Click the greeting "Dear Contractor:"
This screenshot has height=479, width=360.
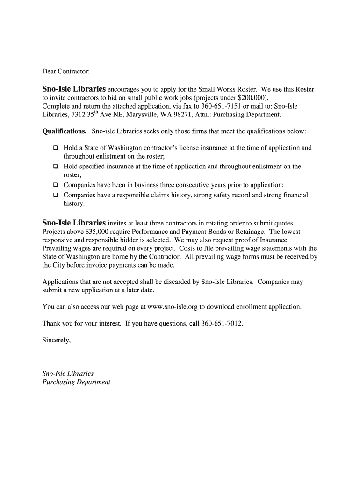click(66, 72)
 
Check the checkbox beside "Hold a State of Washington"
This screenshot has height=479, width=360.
click(55, 148)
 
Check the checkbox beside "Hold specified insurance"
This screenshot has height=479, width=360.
click(55, 167)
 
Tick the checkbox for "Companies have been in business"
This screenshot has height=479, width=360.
click(55, 185)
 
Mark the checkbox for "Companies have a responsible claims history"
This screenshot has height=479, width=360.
click(55, 195)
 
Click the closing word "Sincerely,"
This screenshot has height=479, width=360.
click(57, 341)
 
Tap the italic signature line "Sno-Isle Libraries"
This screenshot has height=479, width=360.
click(68, 374)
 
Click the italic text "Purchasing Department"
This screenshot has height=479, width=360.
click(76, 382)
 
